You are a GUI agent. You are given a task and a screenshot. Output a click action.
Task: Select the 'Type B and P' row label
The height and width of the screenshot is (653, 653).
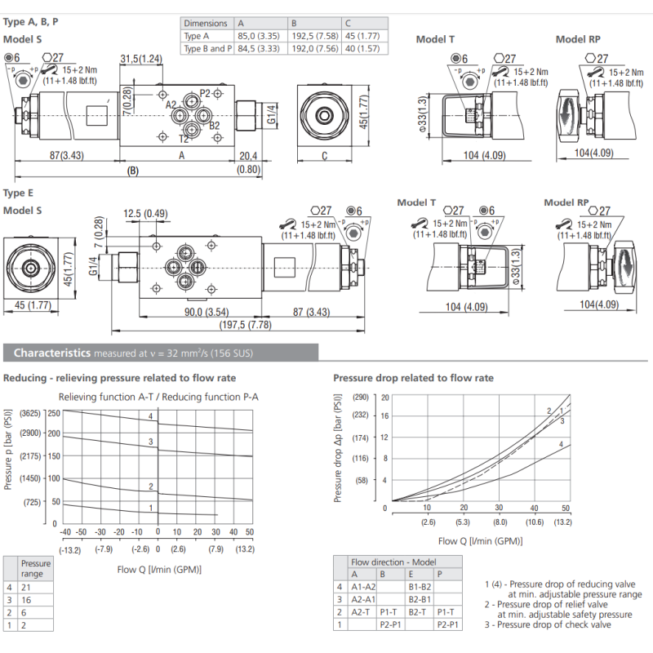(207, 49)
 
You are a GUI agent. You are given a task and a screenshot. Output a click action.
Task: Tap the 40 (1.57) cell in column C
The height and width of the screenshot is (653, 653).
(362, 49)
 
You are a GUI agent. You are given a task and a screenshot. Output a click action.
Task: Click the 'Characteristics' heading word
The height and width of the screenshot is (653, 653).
(51, 353)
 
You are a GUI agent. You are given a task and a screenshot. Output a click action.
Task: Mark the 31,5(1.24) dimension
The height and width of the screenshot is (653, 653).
(141, 59)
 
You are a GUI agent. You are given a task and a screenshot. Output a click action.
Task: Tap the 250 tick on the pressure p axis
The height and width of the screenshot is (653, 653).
(54, 413)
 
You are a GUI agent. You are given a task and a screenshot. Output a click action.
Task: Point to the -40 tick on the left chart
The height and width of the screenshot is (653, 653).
(65, 531)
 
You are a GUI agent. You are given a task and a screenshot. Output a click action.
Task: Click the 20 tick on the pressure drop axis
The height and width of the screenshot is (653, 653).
(384, 398)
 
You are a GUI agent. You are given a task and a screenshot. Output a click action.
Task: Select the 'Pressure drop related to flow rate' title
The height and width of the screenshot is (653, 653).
(413, 378)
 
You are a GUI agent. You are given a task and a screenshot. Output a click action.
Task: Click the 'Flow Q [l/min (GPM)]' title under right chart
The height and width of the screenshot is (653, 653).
(480, 540)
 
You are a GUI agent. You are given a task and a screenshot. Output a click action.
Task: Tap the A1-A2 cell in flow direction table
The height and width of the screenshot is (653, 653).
(362, 586)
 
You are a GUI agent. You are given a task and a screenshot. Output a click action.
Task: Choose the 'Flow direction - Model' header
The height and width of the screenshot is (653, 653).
(393, 562)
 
